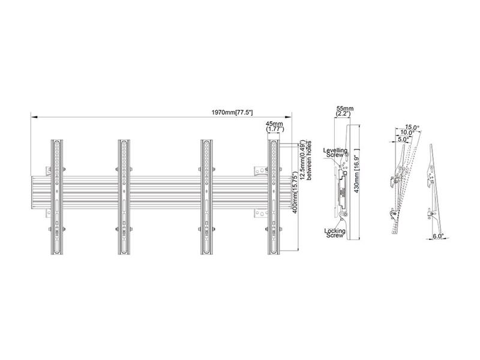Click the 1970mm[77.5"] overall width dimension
click(x=232, y=112)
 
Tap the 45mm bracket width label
click(x=274, y=124)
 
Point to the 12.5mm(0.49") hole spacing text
click(x=302, y=160)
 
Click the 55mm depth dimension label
click(x=345, y=109)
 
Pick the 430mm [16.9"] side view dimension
click(x=356, y=170)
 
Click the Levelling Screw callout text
click(x=335, y=152)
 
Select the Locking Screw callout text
click(x=335, y=233)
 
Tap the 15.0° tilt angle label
click(x=412, y=127)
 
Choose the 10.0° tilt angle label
click(x=407, y=133)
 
